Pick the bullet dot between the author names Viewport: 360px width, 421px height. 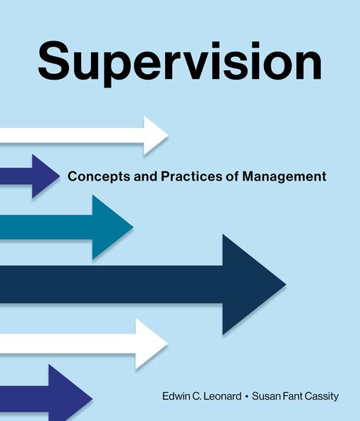point(245,396)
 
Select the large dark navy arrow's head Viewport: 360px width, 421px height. point(253,284)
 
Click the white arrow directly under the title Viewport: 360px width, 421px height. point(85,135)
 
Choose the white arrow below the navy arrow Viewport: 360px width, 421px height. point(85,343)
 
